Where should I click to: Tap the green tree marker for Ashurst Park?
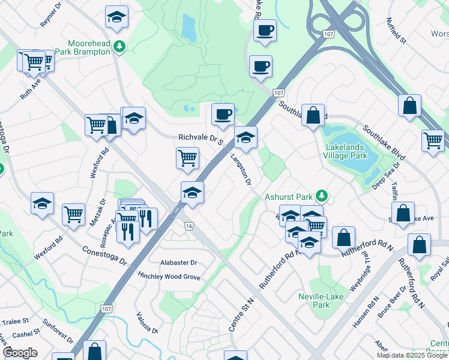pyautogui.click(x=322, y=196)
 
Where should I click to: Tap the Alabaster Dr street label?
pyautogui.click(x=178, y=263)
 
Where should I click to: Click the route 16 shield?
pyautogui.click(x=189, y=226)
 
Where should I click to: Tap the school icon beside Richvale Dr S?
pyautogui.click(x=246, y=138)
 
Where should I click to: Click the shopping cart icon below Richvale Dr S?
pyautogui.click(x=187, y=158)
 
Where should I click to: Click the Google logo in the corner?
pyautogui.click(x=20, y=353)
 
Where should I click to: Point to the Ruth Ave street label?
pyautogui.click(x=29, y=90)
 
